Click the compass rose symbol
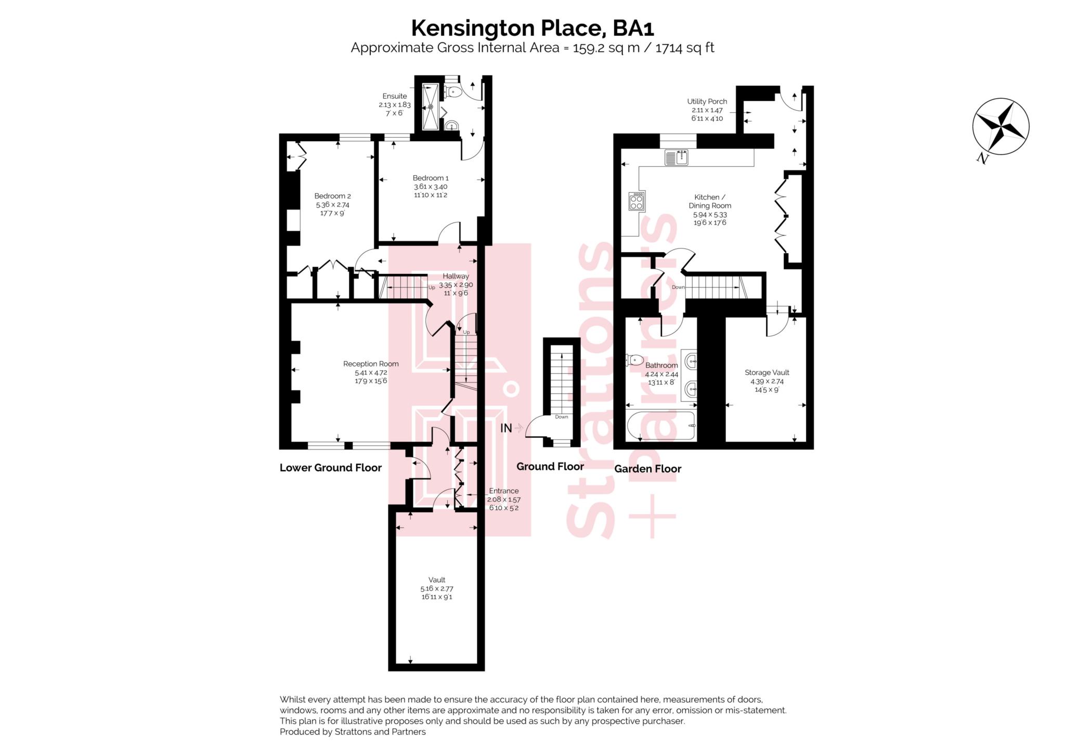coord(1000,126)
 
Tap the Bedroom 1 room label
coord(431,178)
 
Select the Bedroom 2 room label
coord(332,196)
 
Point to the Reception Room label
coord(371,364)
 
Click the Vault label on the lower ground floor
coord(437,579)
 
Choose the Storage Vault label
coord(767,373)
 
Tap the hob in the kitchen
coord(637,201)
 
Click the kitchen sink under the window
coord(676,157)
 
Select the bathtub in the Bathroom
coord(661,426)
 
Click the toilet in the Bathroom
coord(635,360)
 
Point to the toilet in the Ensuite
coord(453,93)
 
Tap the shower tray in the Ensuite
coord(431,107)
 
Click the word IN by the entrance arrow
coord(506,428)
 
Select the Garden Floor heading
coord(647,469)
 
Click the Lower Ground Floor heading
coord(331,468)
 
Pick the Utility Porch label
coord(707,101)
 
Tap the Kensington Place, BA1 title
coord(532,28)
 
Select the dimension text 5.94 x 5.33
coord(710,215)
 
